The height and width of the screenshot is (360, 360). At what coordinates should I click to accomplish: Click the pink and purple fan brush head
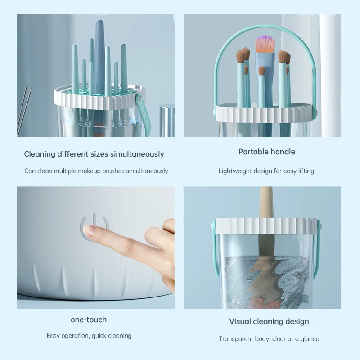265,44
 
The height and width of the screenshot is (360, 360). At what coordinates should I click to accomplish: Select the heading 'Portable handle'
266,152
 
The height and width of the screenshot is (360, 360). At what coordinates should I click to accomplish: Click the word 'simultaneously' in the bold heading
137,154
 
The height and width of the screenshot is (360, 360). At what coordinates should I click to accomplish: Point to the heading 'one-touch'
89,319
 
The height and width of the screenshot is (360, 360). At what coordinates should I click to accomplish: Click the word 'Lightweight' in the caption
235,171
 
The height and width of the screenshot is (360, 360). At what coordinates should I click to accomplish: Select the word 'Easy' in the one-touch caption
53,336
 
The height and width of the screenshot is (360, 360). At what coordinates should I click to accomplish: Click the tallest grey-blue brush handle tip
100,22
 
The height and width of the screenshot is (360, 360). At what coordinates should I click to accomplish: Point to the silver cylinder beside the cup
167,121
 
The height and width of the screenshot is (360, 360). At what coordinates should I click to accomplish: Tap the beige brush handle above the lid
266,202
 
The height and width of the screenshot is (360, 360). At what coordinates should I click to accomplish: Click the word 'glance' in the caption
310,339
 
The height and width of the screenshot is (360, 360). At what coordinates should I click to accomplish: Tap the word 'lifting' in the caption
306,171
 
